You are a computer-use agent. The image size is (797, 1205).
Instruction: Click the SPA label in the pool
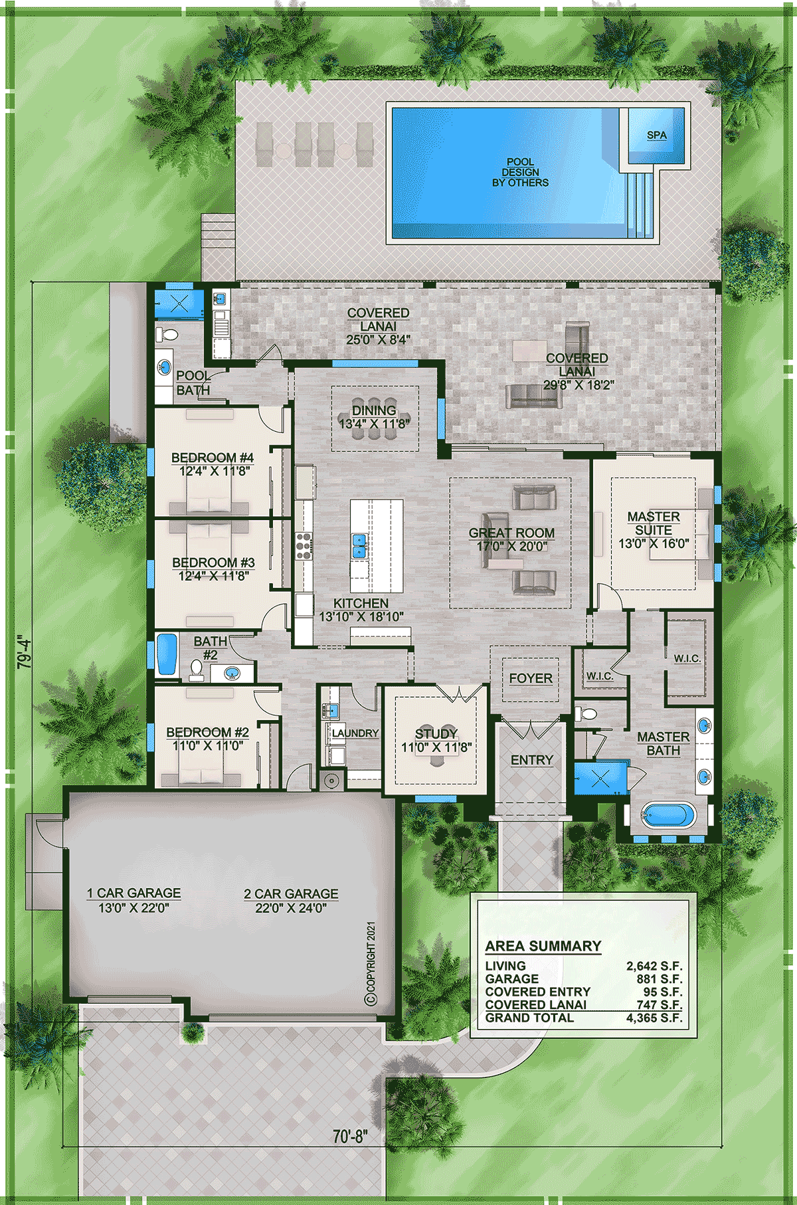[657, 135]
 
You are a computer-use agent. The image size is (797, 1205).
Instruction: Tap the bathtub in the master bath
[668, 816]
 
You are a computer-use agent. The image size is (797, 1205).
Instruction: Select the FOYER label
[531, 678]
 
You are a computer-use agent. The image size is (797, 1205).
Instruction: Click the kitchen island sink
[359, 546]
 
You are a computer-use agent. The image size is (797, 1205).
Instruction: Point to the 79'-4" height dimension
[24, 652]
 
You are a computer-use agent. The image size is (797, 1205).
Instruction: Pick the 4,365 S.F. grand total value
[654, 1018]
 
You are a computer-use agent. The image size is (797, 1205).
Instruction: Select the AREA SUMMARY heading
[543, 946]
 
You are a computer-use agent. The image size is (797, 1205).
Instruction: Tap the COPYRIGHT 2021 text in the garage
[371, 963]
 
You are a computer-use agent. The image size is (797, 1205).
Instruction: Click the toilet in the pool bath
[166, 335]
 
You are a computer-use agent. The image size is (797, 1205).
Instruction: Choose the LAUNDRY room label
[355, 733]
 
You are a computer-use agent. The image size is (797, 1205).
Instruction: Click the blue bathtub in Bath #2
[166, 655]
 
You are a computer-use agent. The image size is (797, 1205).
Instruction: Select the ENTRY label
[532, 760]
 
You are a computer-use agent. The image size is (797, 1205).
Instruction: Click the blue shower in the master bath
[600, 779]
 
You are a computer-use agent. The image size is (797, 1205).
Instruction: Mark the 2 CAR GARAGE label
[291, 894]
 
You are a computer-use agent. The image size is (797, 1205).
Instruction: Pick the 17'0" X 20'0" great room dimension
[511, 546]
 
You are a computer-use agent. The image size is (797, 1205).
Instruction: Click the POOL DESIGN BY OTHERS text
[521, 172]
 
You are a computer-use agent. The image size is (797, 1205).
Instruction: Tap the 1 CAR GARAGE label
[133, 893]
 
